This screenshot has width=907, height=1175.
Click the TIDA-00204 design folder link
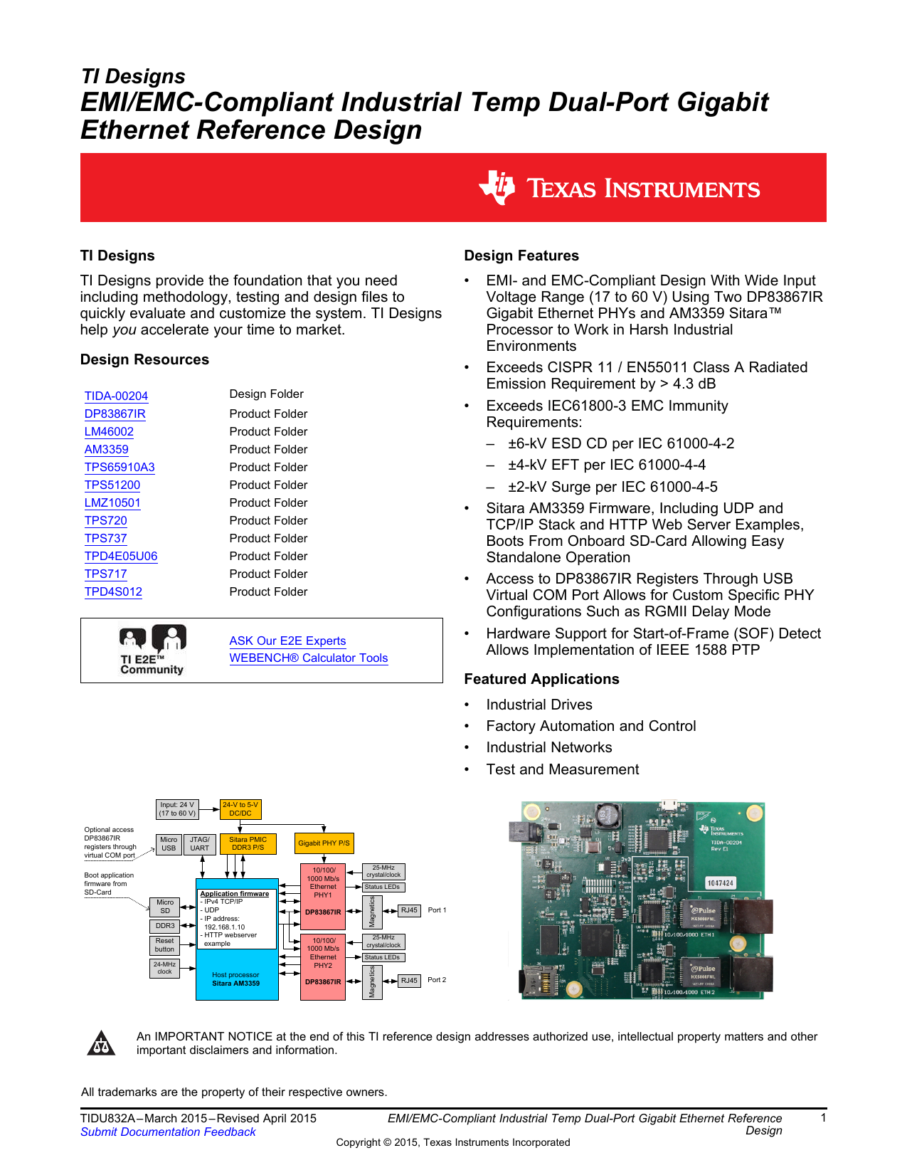(116, 396)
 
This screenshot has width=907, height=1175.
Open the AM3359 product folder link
(106, 449)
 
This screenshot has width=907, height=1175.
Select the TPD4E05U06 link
(120, 556)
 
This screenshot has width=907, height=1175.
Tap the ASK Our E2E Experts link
(287, 641)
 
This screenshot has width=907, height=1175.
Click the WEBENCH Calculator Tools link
(308, 658)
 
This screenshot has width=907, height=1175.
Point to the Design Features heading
(521, 255)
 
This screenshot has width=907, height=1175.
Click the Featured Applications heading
(541, 679)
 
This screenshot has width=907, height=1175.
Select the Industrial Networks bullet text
(548, 747)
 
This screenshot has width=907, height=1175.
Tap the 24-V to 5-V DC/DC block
(240, 809)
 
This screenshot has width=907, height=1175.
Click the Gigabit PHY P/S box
(324, 843)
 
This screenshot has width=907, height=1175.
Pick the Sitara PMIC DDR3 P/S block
(248, 843)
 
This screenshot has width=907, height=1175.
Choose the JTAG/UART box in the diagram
(199, 843)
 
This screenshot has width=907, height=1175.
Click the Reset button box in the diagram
(164, 945)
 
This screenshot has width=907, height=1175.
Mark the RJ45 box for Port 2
(409, 980)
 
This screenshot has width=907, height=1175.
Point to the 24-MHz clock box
(164, 968)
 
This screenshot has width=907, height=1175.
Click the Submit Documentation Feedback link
(168, 1132)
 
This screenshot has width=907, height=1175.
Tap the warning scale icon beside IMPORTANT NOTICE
(101, 1043)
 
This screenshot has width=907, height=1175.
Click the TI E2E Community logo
(152, 650)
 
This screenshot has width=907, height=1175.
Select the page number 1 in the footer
(823, 1118)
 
